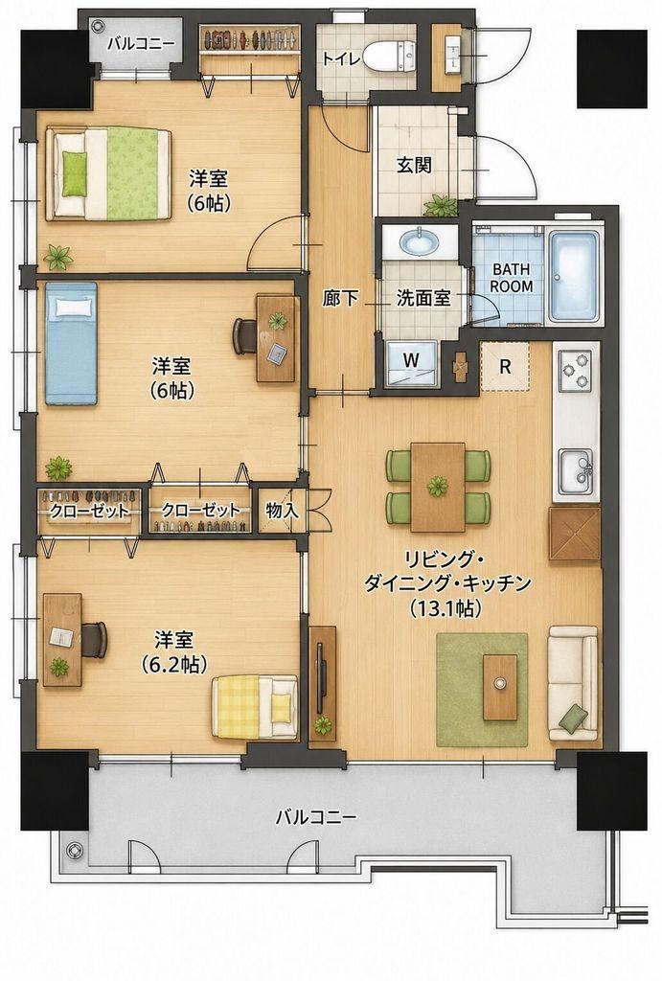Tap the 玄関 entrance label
pos(414,165)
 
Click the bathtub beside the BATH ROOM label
pos(575,276)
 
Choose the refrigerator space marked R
pos(505,366)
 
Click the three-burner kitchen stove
pos(576,370)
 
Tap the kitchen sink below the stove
pos(577,470)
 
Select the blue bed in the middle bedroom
pos(71,343)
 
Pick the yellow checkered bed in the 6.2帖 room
pos(254,706)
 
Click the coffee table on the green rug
pos(500,686)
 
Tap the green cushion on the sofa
pos(574,717)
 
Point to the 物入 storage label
pos(283,510)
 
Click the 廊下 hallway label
pos(341,299)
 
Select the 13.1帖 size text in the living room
pos(445,607)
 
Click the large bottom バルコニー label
pos(316,817)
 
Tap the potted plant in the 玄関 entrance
pos(440,205)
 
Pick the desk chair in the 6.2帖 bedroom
pos(95,639)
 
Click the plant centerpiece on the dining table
pos(438,484)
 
